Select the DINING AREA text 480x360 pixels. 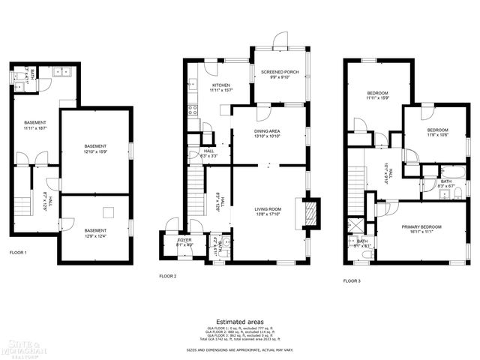pos(267,133)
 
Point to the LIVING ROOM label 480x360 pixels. pos(267,211)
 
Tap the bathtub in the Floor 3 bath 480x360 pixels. pos(443,169)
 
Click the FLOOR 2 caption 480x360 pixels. pos(167,276)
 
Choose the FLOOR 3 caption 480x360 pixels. pos(352,280)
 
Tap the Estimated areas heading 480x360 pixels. pos(239,322)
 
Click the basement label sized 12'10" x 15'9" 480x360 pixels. pos(95,148)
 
